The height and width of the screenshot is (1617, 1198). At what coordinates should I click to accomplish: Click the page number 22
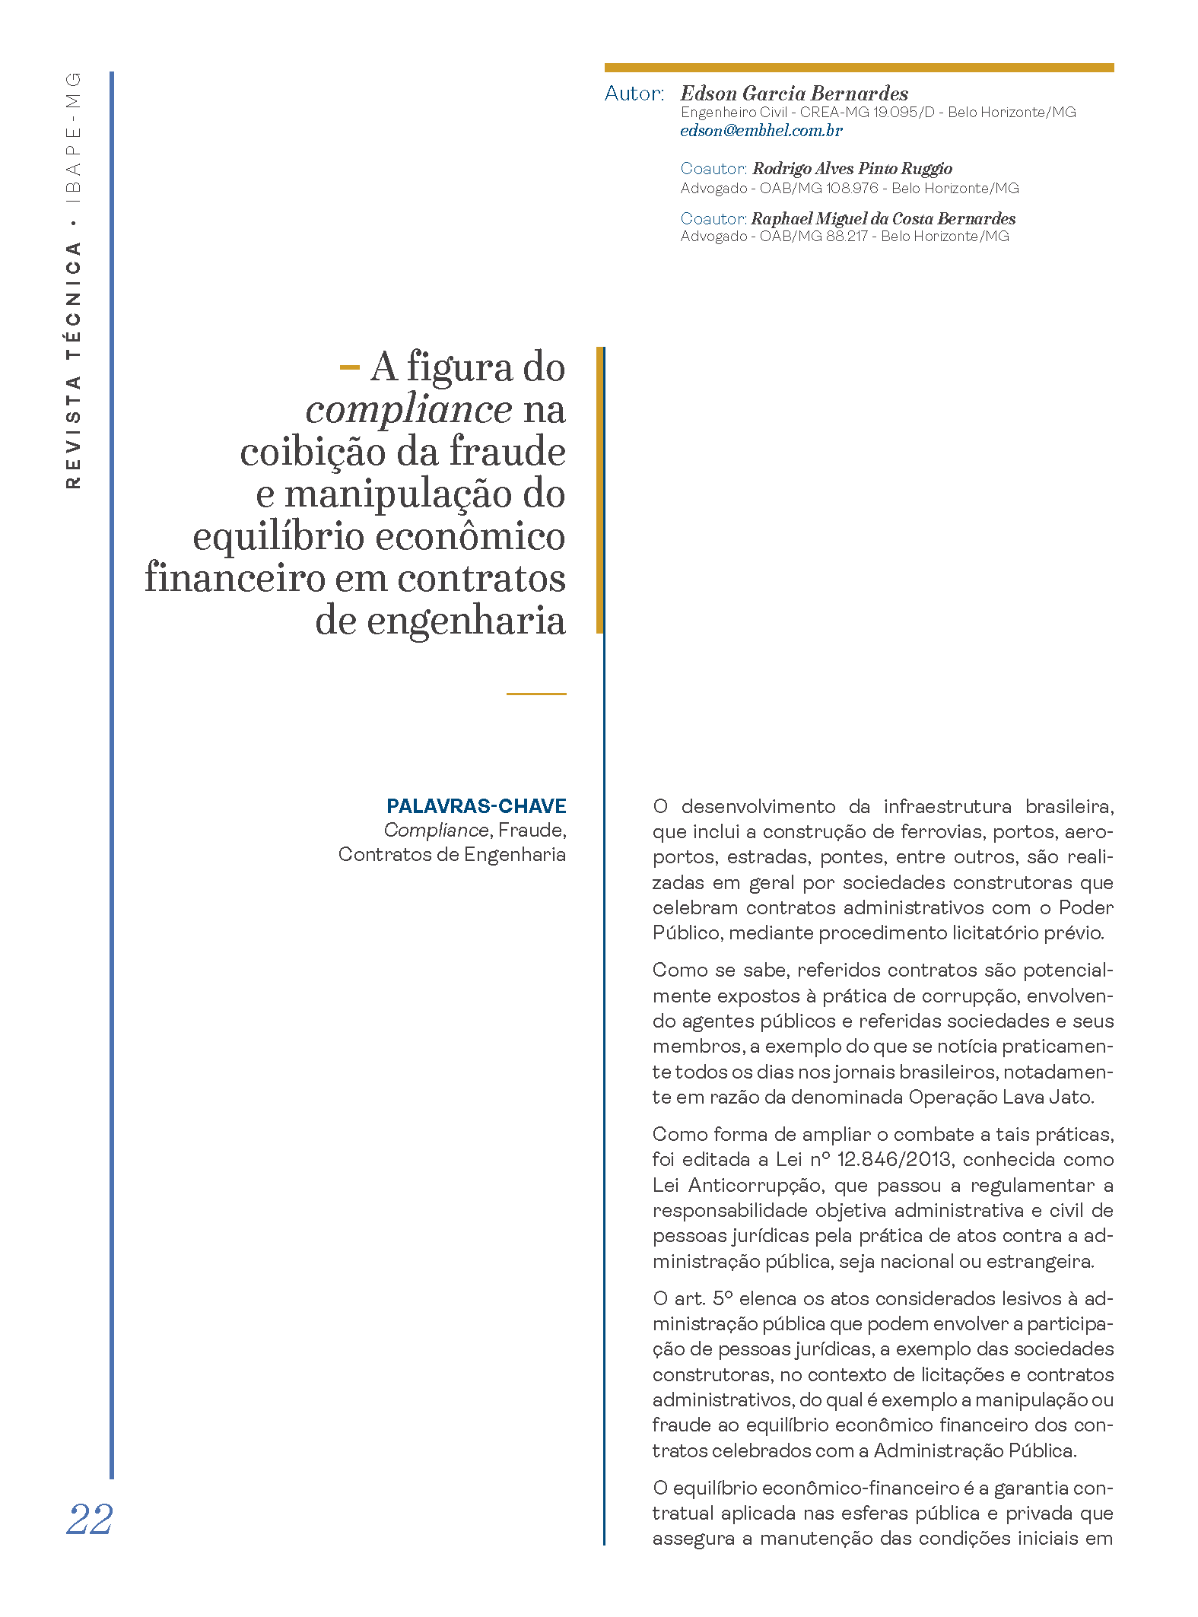click(90, 1520)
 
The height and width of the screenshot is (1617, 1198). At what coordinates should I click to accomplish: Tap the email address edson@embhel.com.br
click(761, 131)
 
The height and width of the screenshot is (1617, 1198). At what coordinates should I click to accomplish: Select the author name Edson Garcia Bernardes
click(794, 94)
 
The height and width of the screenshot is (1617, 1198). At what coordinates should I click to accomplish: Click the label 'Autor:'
click(634, 94)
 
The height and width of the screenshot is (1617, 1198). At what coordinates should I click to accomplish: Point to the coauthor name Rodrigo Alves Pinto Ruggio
click(852, 168)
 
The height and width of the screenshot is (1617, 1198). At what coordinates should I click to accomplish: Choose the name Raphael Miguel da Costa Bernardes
click(883, 218)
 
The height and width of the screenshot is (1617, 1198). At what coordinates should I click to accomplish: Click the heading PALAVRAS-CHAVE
click(476, 806)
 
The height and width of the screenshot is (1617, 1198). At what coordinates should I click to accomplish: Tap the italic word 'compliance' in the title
click(408, 410)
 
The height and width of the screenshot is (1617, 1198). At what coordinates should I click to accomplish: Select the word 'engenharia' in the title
click(466, 621)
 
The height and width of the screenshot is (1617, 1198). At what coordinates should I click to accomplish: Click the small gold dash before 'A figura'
click(349, 368)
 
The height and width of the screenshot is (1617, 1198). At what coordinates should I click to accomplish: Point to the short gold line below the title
click(536, 694)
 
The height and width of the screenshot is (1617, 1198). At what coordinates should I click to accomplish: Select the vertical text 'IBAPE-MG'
click(73, 138)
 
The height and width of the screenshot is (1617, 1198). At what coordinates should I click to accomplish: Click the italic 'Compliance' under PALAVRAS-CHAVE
click(436, 831)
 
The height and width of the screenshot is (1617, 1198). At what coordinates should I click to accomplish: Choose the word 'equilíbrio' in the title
click(279, 536)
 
